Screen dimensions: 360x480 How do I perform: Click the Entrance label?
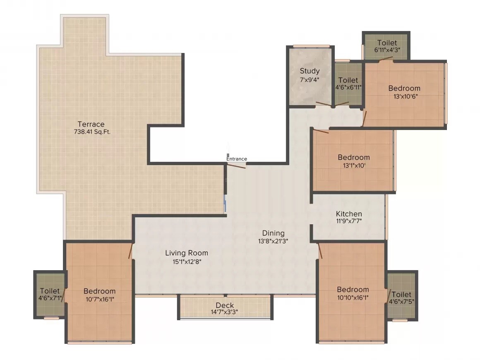(237, 159)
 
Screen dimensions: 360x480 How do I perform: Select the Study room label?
(310, 71)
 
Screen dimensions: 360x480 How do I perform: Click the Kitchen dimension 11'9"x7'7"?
(349, 221)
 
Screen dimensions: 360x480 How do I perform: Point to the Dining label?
(273, 233)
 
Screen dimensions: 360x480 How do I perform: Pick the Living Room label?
(187, 253)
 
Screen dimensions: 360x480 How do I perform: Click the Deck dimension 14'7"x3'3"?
(224, 312)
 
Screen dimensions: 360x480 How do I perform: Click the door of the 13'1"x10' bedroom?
(321, 132)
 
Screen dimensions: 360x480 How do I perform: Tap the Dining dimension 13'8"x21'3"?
(273, 240)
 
